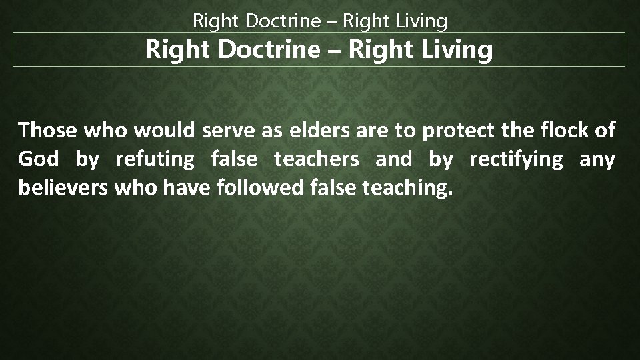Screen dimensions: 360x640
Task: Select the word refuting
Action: tap(154, 161)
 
